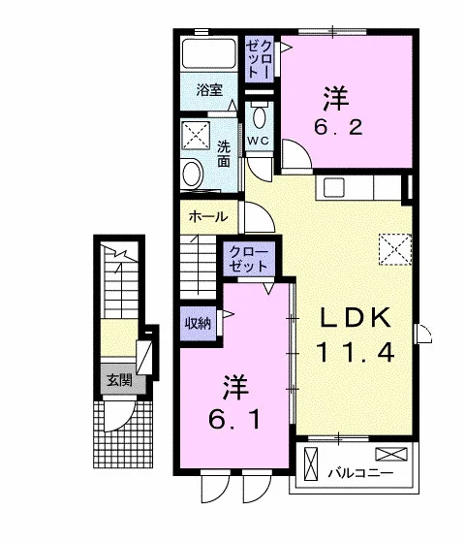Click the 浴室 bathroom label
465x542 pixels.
pos(209,90)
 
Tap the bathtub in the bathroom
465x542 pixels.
pos(209,53)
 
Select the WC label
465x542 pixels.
pos(258,141)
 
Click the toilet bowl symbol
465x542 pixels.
pos(259,115)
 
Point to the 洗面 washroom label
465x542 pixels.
pos(224,154)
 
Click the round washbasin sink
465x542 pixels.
pos(192,174)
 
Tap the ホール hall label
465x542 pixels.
pos(208,217)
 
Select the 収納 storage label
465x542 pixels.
pos(198,323)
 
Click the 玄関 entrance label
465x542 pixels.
pos(119,380)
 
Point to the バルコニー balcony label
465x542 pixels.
pos(360,472)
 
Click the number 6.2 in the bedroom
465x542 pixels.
pos(338,127)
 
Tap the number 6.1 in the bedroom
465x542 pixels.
pos(233,420)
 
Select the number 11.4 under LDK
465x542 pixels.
pos(356,352)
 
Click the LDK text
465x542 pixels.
pos(356,317)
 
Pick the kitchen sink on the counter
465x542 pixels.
pos(333,187)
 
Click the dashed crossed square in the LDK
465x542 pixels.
pos(395,249)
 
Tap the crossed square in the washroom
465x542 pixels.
pos(196,136)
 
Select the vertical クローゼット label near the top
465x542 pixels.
pos(259,59)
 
